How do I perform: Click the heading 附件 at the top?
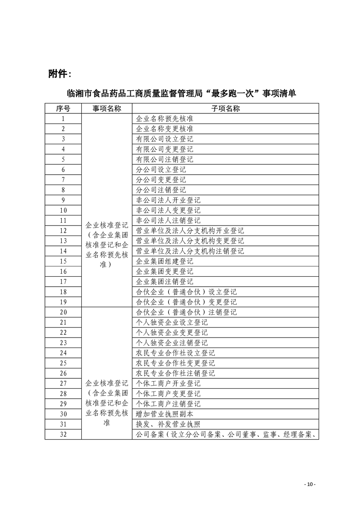point(59,73)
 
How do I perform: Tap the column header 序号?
point(63,108)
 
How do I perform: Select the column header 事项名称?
point(107,108)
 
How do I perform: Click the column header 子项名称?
point(225,108)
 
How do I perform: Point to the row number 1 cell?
point(63,119)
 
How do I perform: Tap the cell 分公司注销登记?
point(161,190)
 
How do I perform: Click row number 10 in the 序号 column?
point(63,210)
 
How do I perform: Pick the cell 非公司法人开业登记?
point(168,200)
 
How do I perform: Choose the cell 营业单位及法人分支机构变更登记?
point(190,240)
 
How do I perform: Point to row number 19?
point(63,302)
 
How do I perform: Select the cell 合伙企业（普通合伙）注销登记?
point(186,312)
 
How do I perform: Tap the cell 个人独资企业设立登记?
point(172,322)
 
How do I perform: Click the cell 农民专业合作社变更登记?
point(175,363)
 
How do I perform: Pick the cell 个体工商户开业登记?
point(168,383)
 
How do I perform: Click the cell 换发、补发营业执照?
point(168,424)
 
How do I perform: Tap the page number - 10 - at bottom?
point(309,485)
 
